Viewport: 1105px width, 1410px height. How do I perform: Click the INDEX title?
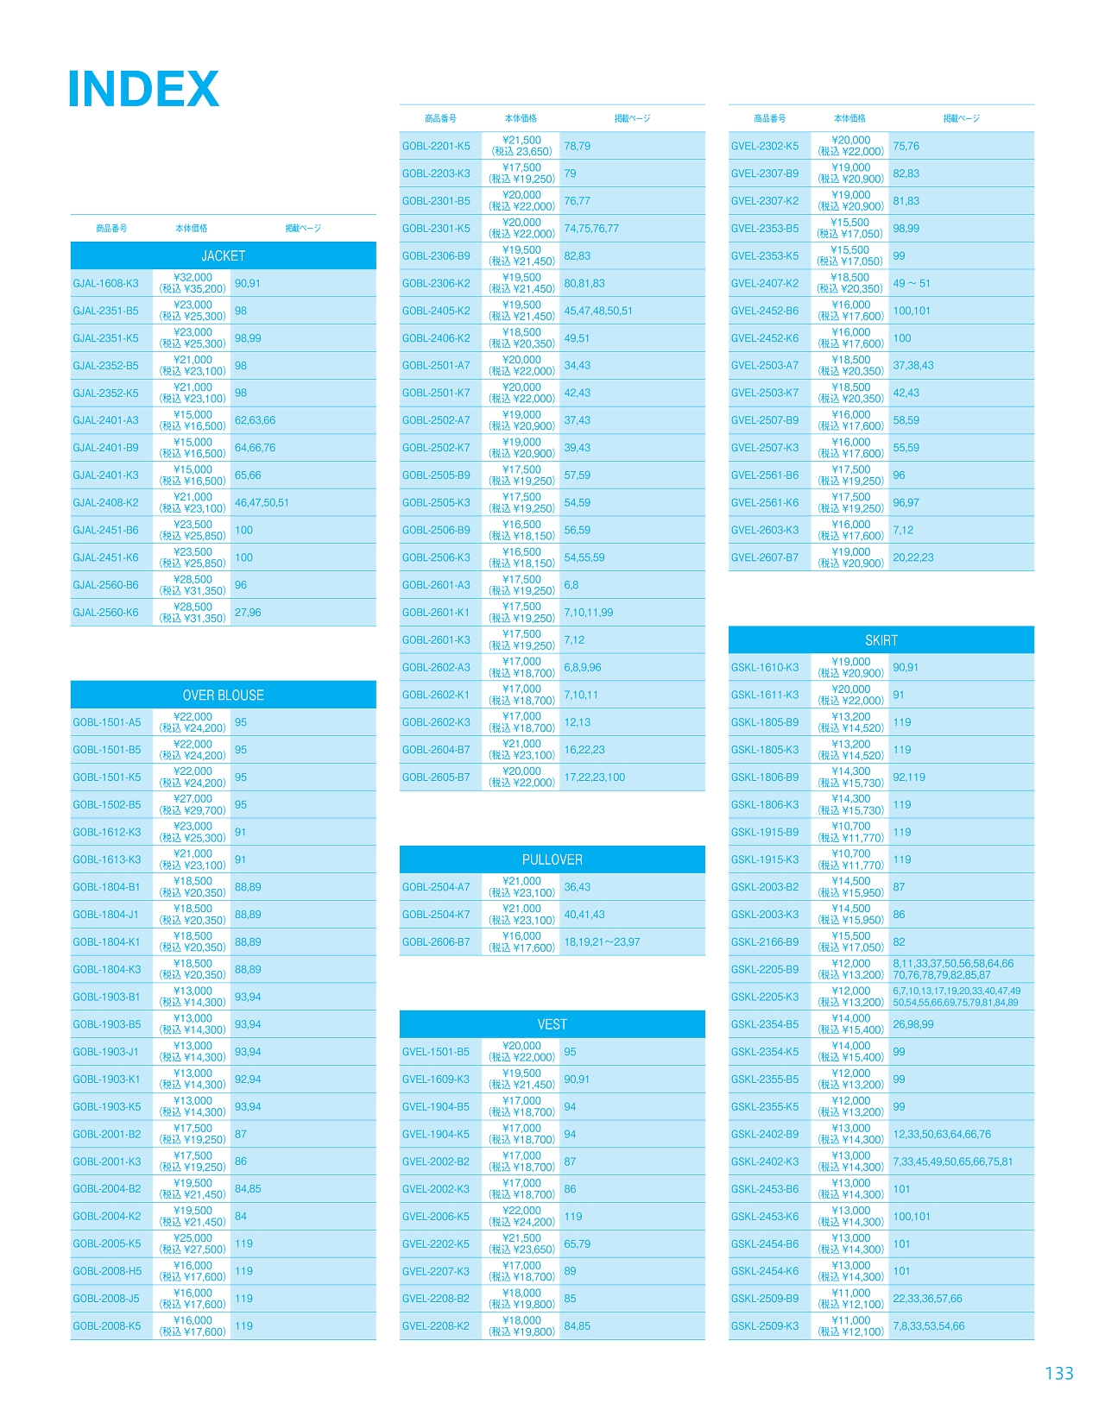143,90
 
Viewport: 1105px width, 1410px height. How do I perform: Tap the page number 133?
1058,1373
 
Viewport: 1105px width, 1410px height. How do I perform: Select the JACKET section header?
223,256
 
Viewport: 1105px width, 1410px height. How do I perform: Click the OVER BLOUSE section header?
223,696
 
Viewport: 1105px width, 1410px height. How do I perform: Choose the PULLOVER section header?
552,859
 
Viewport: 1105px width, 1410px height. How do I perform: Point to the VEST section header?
552,1024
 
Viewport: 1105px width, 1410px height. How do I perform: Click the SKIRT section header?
881,640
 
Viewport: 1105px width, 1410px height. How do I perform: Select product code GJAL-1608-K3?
106,284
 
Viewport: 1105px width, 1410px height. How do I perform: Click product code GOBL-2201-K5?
436,147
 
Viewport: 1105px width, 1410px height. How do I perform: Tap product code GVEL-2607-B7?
765,558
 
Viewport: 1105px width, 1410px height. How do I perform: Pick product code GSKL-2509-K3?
765,1326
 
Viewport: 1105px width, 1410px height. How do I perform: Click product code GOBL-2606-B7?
436,942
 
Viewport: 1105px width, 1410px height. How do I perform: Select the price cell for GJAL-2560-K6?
193,613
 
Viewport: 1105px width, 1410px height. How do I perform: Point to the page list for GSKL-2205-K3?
957,997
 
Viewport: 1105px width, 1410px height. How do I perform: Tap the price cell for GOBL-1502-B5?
193,805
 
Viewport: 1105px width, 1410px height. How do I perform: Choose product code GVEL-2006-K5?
436,1217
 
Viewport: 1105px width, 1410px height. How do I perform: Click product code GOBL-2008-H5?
107,1271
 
